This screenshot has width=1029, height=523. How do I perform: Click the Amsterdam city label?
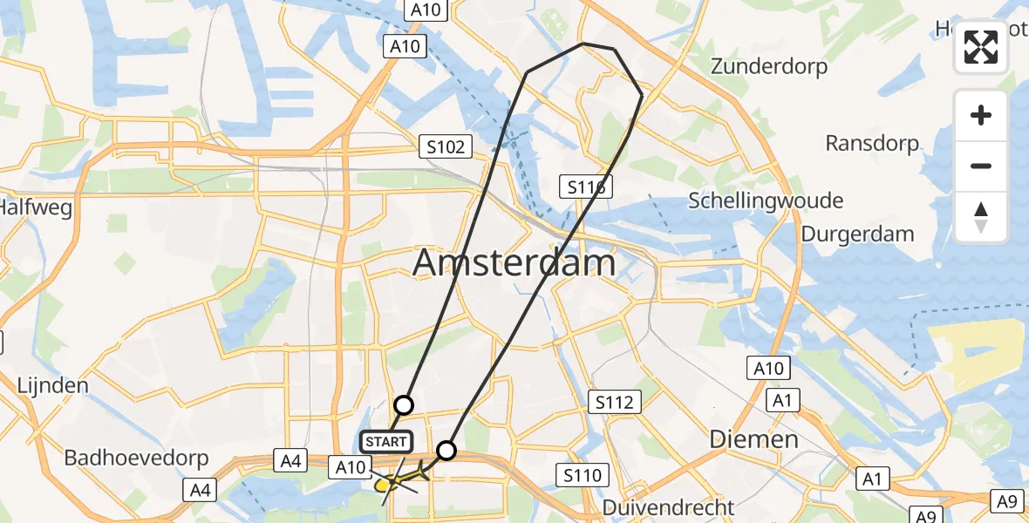click(x=514, y=262)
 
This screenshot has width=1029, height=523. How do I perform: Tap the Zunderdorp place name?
click(x=768, y=66)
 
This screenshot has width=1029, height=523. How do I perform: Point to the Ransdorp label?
click(x=872, y=143)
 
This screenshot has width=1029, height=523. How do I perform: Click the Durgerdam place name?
click(x=857, y=234)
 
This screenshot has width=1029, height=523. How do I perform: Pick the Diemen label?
click(x=754, y=438)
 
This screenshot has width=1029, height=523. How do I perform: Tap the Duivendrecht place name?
click(x=670, y=506)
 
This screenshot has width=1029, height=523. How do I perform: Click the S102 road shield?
click(x=446, y=147)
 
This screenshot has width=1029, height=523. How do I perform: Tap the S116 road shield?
click(x=586, y=187)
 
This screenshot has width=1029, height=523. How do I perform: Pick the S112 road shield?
click(x=615, y=402)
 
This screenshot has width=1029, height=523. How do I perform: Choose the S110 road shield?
click(x=583, y=475)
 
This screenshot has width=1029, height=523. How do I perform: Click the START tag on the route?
click(x=385, y=442)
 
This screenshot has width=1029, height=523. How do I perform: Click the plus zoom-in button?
click(x=981, y=115)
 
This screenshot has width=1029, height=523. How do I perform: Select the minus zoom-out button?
click(x=981, y=166)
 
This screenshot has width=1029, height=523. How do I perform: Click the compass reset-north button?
click(x=981, y=217)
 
